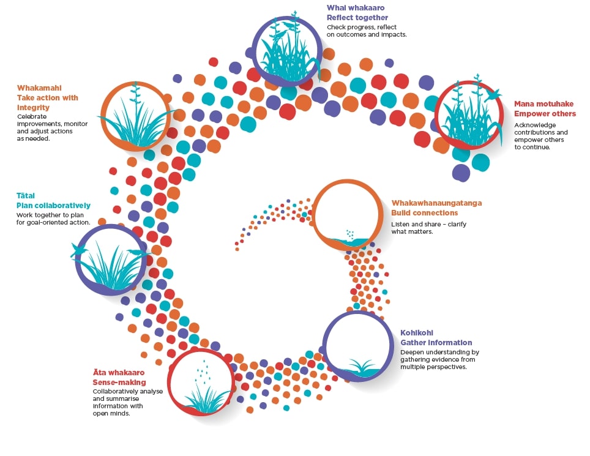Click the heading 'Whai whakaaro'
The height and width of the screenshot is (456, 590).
click(x=356, y=8)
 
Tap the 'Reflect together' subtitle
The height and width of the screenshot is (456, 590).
click(x=357, y=17)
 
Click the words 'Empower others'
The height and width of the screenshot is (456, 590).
click(x=545, y=113)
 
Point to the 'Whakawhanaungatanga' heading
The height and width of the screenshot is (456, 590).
click(x=436, y=203)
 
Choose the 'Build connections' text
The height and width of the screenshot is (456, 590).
click(x=424, y=212)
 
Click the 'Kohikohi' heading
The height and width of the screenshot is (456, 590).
click(x=416, y=333)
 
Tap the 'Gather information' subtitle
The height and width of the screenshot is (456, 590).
click(x=436, y=342)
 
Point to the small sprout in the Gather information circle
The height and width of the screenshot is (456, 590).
click(x=360, y=367)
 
